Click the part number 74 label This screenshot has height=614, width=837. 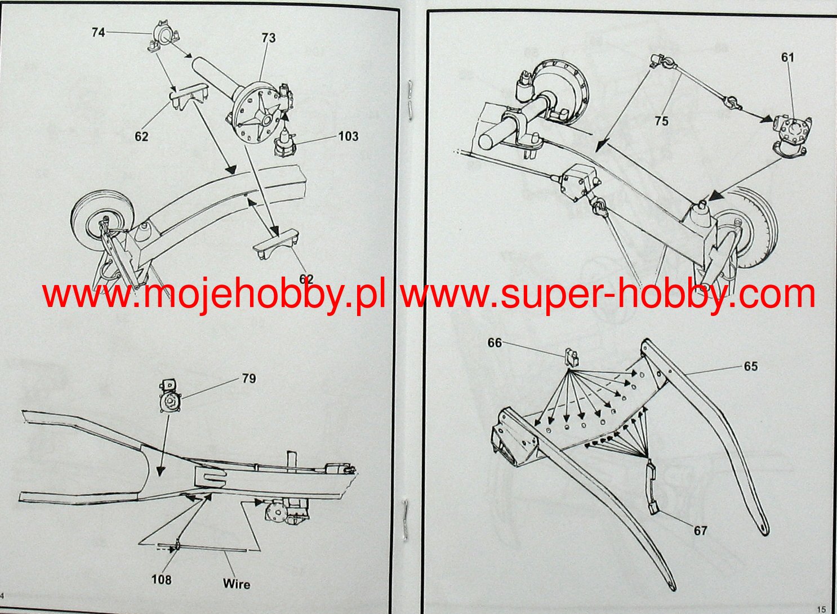pos(98,33)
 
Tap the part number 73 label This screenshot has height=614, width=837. pos(269,38)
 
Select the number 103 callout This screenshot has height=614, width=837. pos(348,136)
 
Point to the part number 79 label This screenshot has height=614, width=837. pos(249,379)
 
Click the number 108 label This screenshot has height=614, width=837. pos(161,579)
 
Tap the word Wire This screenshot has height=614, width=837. pos(237,584)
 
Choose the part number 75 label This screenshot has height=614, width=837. pos(661,121)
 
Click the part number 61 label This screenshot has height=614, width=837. pos(787,57)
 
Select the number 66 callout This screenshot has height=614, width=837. pos(495,343)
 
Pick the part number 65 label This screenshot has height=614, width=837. pos(751,367)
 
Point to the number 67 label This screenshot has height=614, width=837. pos(700,531)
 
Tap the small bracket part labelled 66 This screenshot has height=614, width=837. pos(571,356)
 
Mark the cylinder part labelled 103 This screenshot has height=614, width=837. pos(285,145)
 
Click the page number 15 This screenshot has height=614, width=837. pos(821,608)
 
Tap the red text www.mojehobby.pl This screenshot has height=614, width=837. pos(214,295)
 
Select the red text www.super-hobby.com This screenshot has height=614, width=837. pos(608,295)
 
